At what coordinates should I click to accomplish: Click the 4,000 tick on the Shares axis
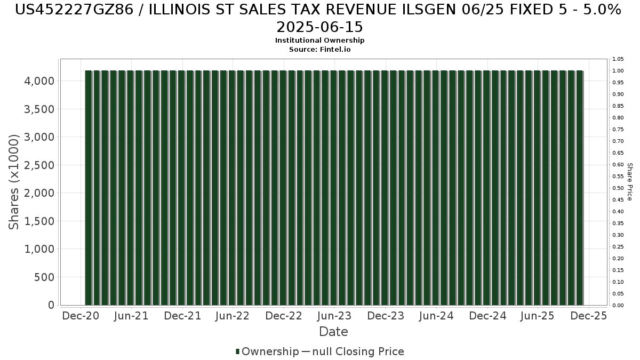(39, 81)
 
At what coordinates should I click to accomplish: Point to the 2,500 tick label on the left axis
(39, 165)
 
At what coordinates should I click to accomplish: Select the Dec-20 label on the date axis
(81, 316)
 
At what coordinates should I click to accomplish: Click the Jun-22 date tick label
(232, 316)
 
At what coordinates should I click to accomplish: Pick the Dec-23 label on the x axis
(386, 316)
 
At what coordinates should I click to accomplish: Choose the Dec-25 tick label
(589, 316)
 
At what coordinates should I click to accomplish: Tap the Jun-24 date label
(436, 316)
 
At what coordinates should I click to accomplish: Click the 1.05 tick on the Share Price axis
(618, 59)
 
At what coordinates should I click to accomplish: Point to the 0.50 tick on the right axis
(618, 188)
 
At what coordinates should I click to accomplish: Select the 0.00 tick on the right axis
(618, 306)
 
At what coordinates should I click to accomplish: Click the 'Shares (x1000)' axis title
(14, 182)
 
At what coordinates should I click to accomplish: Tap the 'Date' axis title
(333, 332)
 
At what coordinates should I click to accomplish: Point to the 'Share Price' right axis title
(630, 182)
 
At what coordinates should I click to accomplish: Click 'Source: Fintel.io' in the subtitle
(319, 49)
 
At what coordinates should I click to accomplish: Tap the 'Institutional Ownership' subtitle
(319, 41)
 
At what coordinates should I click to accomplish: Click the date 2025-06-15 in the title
(319, 27)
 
